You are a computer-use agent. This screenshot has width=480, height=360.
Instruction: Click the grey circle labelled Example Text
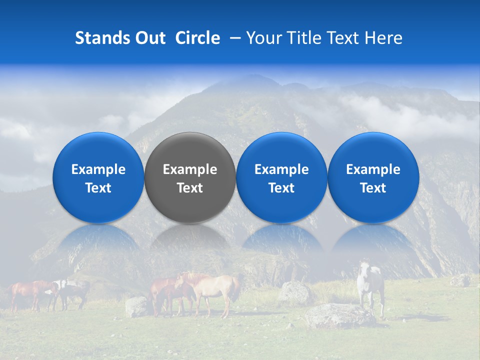(x=190, y=177)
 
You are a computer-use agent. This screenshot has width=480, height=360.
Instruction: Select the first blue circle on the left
(x=98, y=177)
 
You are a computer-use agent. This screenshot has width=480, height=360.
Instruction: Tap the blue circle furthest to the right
(x=373, y=177)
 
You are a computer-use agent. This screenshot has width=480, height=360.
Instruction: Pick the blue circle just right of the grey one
(x=281, y=177)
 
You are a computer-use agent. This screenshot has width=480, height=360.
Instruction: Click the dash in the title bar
(x=233, y=38)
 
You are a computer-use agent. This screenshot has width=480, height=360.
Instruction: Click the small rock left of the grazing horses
(x=136, y=306)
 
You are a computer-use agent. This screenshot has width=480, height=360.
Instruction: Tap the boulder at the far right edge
(x=460, y=280)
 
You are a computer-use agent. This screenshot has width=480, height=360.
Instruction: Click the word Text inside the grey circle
(x=190, y=188)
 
